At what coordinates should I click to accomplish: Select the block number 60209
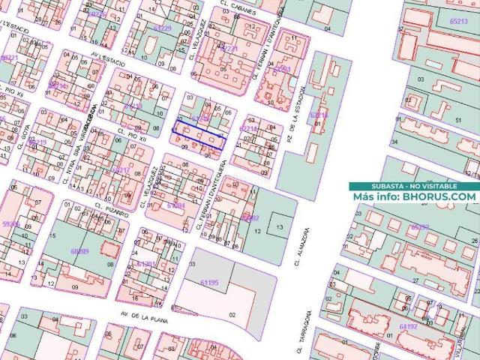pos(79,251)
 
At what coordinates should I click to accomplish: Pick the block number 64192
pos(409,326)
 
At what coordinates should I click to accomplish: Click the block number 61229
pos(162,28)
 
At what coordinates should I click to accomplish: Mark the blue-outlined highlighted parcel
pos(199,133)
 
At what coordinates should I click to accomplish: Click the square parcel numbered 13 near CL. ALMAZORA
pos(279,226)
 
